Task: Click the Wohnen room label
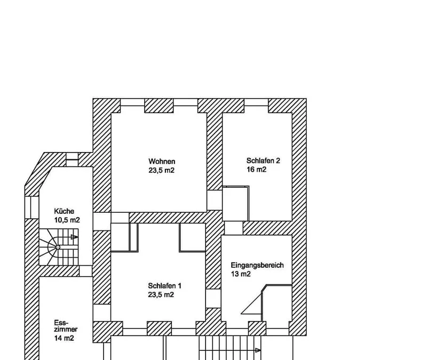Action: click(162, 161)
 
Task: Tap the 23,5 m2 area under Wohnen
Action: click(162, 170)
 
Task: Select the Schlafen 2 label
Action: click(263, 161)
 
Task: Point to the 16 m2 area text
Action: click(257, 170)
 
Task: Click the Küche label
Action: click(64, 211)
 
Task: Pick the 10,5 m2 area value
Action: click(67, 220)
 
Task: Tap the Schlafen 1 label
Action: click(164, 286)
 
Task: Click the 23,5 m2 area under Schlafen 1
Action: click(161, 295)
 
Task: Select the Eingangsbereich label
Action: click(257, 265)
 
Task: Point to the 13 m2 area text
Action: click(241, 274)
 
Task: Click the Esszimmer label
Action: click(66, 326)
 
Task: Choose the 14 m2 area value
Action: click(64, 338)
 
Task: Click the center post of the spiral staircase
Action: click(58, 247)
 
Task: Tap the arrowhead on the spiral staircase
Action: click(74, 237)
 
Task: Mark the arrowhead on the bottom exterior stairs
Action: click(258, 350)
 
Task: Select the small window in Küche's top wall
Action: click(72, 159)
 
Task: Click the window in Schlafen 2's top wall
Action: click(256, 102)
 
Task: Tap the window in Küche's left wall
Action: click(32, 207)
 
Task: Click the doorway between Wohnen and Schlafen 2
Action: click(215, 200)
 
